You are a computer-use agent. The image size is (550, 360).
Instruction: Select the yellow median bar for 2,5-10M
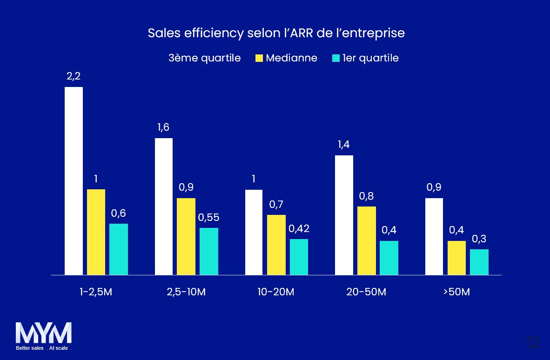pos(186,236)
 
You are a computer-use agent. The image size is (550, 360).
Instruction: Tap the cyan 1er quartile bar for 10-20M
pos(299,257)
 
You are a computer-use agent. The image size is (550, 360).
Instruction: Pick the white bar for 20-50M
pos(344,215)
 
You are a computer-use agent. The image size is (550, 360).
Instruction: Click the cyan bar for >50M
pos(479,262)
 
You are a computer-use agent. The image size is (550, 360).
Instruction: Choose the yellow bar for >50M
pos(456,258)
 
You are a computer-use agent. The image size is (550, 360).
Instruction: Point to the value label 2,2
pos(74,76)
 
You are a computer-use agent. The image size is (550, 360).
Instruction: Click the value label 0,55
pos(208,218)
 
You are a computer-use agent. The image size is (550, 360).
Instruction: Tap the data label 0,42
pos(299,229)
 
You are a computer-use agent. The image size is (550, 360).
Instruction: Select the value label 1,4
pos(344,145)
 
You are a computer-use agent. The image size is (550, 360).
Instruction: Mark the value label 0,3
pos(479,239)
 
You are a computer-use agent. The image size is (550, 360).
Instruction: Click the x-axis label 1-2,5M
pos(96,292)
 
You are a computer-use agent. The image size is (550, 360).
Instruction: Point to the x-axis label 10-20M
pos(276,292)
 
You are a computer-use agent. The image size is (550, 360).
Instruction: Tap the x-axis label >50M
pos(456,292)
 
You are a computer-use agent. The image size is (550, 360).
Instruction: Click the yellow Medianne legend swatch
pos(259,59)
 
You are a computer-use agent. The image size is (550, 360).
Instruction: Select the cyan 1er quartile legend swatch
pos(335,59)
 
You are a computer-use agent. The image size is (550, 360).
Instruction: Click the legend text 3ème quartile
pos(204,58)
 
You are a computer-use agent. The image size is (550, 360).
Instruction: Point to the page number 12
pos(533,342)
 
